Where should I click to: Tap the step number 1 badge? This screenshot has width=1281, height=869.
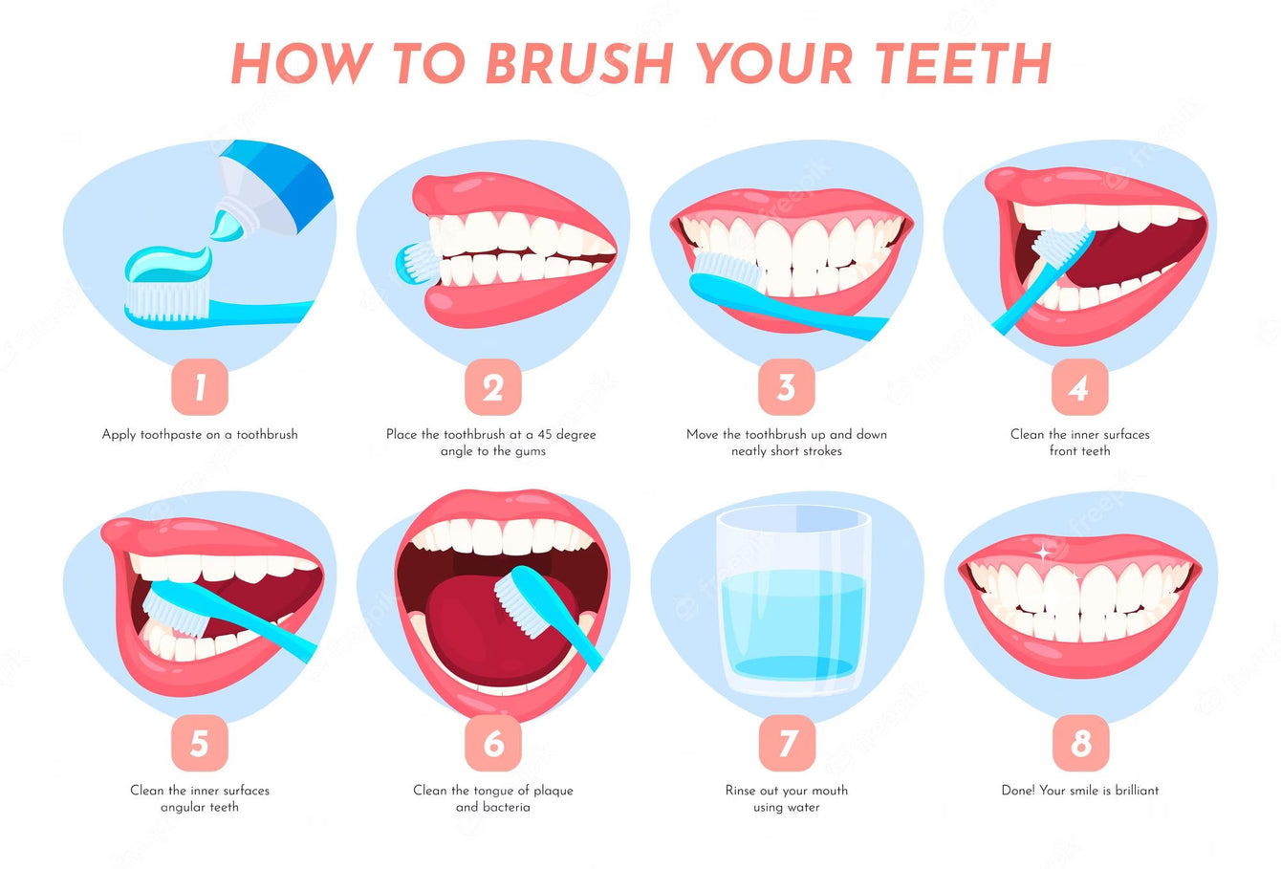[x=200, y=387]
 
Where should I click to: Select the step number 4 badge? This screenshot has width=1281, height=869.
[x=1079, y=387]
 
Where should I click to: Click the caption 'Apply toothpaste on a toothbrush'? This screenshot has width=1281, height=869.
[x=200, y=434]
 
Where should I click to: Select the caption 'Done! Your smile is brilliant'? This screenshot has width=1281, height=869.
[x=1079, y=791]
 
